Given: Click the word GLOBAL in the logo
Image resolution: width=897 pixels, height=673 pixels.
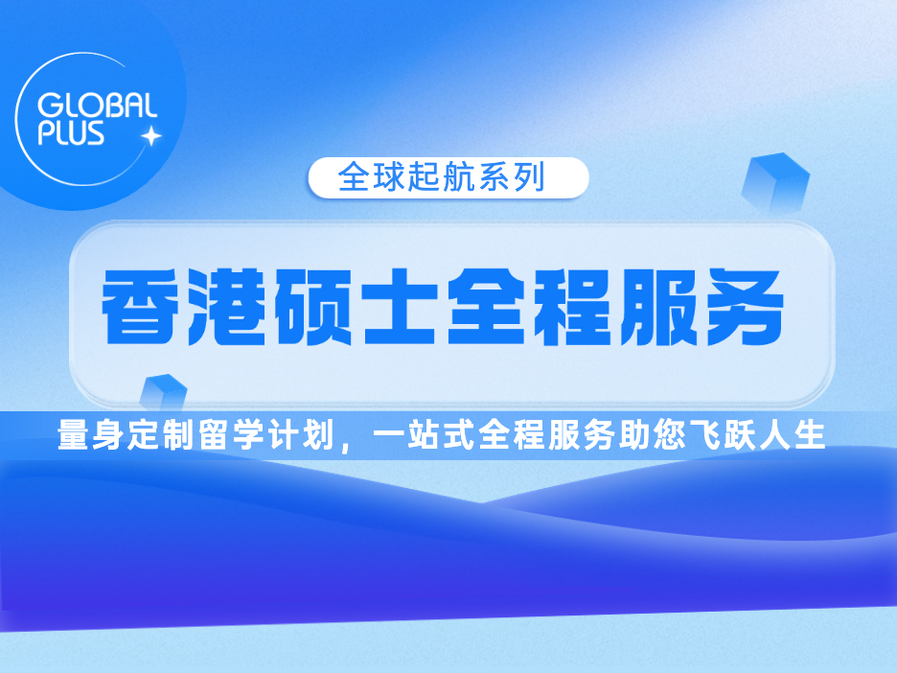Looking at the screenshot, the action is tap(97, 105).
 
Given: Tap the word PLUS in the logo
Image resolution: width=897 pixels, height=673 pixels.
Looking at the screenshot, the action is tap(72, 132).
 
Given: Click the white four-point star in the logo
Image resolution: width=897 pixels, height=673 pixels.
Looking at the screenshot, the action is tap(151, 136).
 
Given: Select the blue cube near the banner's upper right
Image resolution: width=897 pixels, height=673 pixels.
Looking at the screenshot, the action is tap(775, 182).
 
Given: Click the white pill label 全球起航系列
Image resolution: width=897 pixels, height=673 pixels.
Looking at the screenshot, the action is tap(448, 177).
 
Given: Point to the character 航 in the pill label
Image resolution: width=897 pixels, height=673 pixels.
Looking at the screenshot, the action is tap(460, 177).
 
